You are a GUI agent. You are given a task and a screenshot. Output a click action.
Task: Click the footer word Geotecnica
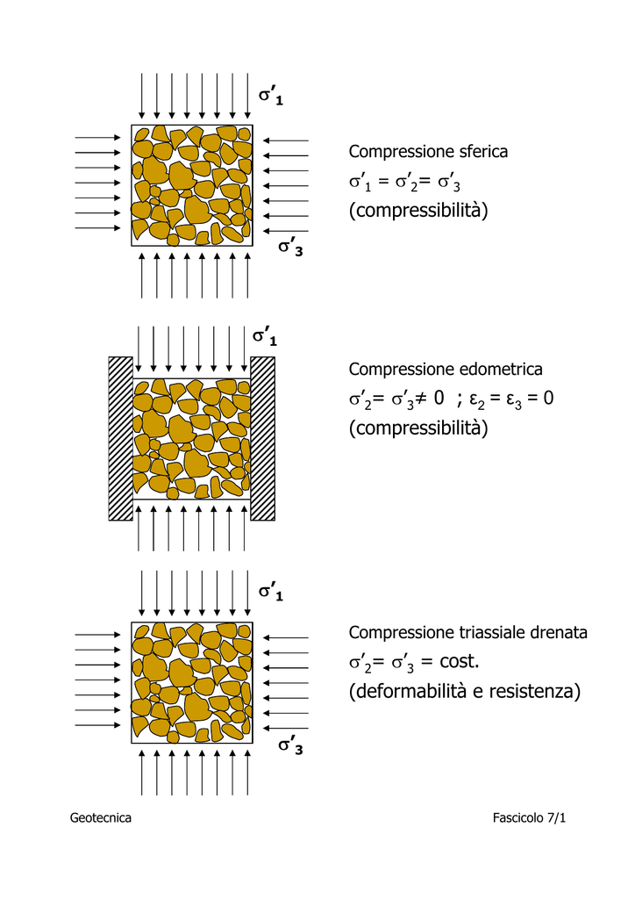(101, 817)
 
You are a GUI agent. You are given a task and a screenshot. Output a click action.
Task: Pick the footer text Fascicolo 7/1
(529, 817)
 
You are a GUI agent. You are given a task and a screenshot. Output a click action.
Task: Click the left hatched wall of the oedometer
(120, 439)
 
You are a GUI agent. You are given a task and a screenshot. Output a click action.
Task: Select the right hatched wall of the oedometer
(263, 439)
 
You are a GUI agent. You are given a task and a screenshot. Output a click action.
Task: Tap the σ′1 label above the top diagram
(271, 95)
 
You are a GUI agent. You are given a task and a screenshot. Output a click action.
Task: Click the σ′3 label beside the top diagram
(290, 247)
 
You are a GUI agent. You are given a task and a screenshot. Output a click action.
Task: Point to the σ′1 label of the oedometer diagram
(265, 336)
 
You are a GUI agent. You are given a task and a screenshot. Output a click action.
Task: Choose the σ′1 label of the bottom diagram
(271, 591)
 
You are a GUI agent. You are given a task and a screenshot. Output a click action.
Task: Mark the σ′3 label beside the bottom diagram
(290, 744)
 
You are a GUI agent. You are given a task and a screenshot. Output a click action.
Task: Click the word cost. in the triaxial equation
(460, 662)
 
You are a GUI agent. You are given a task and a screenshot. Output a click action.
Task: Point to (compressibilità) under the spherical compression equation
(418, 211)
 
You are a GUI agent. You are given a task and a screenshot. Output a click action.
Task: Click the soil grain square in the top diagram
(192, 185)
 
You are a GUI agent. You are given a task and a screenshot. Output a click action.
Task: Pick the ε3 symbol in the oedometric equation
(513, 399)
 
